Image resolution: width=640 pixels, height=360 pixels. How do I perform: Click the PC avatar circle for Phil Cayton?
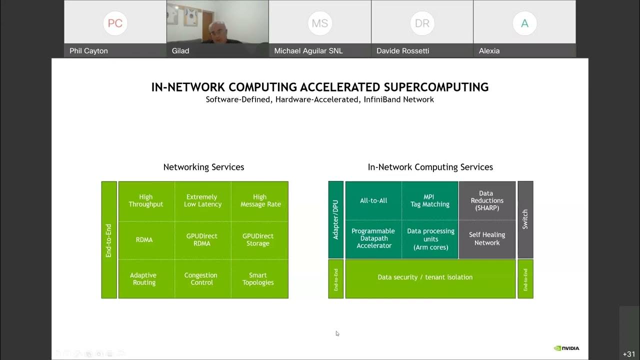[115, 23]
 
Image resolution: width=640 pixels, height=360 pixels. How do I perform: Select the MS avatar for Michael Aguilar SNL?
[320, 23]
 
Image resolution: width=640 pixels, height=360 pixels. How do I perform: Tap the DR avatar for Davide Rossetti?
[422, 23]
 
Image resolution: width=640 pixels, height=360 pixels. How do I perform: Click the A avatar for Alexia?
[524, 23]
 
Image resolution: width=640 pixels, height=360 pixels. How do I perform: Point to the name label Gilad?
[180, 50]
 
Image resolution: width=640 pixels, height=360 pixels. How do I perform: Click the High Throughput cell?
[146, 200]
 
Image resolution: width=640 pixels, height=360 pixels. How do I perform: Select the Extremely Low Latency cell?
[202, 200]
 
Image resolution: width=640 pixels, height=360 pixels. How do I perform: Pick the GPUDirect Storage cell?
[259, 239]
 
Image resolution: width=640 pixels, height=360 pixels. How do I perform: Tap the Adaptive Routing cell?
[144, 278]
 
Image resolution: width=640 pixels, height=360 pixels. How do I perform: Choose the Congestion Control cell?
[201, 278]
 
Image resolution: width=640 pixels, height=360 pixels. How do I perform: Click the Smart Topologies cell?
[259, 278]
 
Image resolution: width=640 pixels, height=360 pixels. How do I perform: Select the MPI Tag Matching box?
[430, 200]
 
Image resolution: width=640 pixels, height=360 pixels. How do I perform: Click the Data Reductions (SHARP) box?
[487, 200]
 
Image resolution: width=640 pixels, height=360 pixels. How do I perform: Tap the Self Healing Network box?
[487, 238]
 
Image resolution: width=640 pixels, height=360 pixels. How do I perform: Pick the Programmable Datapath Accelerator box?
[373, 238]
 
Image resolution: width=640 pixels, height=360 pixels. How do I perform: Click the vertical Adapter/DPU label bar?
[335, 219]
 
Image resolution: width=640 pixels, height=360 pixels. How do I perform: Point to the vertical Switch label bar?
[525, 219]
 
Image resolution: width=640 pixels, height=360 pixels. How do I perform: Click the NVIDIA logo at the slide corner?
[566, 348]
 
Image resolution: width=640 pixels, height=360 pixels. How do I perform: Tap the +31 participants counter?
[629, 354]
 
